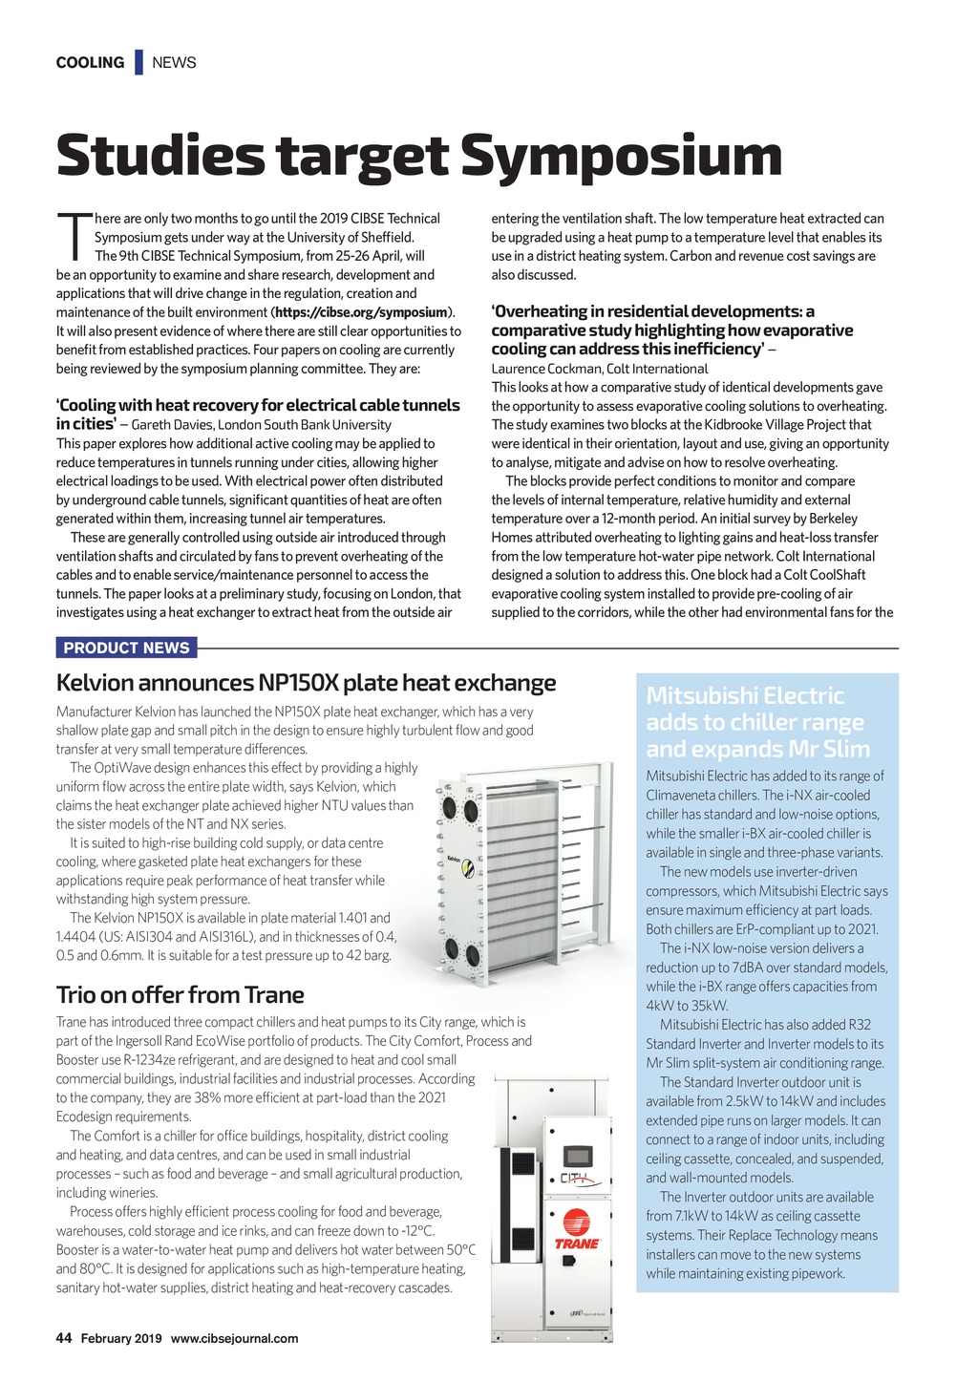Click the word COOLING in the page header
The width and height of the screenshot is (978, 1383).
coord(90,63)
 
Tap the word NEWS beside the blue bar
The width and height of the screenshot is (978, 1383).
coord(174,63)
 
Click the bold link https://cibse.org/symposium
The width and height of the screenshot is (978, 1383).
coord(362,312)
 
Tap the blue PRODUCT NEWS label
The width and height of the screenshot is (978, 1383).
coord(126,648)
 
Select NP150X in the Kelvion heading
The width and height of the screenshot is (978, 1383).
coord(299,683)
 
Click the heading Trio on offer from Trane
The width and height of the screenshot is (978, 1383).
coord(181,995)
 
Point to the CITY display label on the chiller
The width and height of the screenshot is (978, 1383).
coord(575,1179)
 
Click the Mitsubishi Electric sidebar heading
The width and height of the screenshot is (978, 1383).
coord(757,722)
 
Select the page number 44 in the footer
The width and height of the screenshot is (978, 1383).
coord(64,1338)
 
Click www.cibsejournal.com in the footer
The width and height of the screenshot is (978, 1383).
coord(234,1338)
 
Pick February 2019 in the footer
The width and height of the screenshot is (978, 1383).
coord(121,1338)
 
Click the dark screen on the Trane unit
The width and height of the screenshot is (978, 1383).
coord(577,1153)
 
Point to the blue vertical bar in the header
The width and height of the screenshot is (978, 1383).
coord(138,62)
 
